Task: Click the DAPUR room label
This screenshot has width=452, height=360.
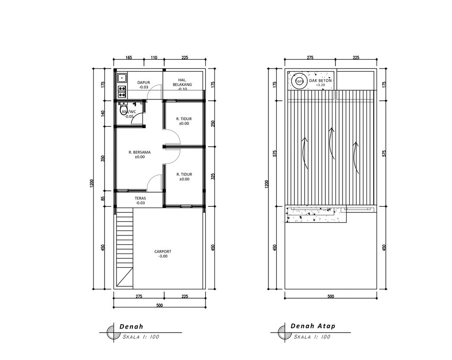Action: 143,82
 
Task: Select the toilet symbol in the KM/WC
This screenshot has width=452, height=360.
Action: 124,109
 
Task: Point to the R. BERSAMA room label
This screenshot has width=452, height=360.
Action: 139,152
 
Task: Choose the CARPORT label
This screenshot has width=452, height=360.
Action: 162,251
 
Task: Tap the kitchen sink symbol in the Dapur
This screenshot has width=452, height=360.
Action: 122,78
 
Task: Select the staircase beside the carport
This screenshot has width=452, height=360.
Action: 124,247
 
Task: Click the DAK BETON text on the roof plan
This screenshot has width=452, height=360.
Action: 320,80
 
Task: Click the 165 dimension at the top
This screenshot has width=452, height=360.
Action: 129,57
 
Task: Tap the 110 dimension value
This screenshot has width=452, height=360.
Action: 154,57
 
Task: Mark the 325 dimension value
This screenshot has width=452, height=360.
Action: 213,176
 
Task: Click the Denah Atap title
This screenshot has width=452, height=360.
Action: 313,326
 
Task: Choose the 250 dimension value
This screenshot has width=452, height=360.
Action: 213,124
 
